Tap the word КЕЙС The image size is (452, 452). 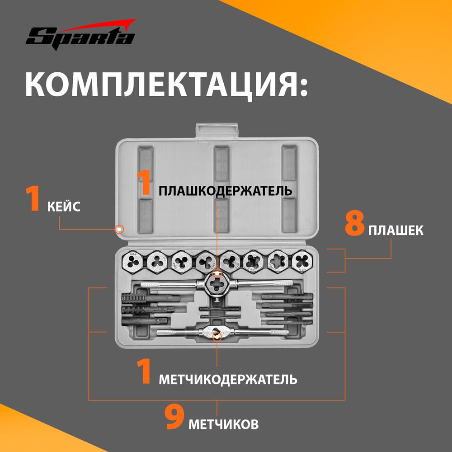(64, 207)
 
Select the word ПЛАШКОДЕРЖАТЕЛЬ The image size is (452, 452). (225, 191)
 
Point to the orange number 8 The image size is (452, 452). (354, 225)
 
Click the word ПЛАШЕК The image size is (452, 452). (395, 231)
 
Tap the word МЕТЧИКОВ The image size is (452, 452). (223, 424)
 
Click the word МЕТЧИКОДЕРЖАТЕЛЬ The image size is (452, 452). (228, 380)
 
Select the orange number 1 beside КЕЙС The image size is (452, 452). (33, 199)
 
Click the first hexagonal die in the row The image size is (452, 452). (132, 262)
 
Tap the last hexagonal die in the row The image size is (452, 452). (302, 261)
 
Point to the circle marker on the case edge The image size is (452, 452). (119, 230)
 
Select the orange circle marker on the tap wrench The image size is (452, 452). (217, 336)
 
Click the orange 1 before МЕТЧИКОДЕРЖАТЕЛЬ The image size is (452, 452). (144, 372)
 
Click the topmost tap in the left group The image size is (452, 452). (151, 298)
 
